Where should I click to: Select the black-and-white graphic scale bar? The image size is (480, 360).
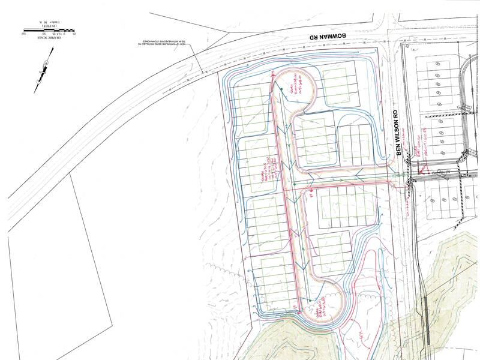point(48,28)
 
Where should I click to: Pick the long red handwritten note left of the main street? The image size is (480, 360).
point(267,174)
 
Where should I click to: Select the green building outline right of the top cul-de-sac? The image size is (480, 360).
point(339,87)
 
